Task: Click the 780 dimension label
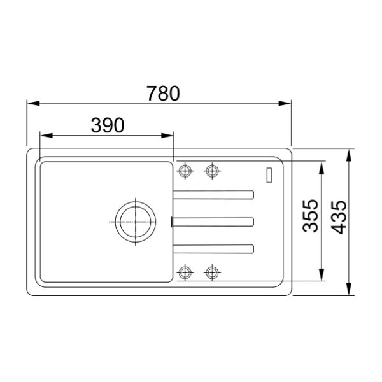[x=163, y=94]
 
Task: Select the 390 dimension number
[x=108, y=125]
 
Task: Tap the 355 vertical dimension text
[x=311, y=216]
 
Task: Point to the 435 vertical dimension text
[x=339, y=217]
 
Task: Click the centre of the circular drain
[x=136, y=222]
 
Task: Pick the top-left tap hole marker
[x=185, y=171]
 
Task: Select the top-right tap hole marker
[x=212, y=171]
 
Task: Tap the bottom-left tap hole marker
[x=185, y=272]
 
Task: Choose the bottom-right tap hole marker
[x=212, y=272]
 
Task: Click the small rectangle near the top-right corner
[x=269, y=175]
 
